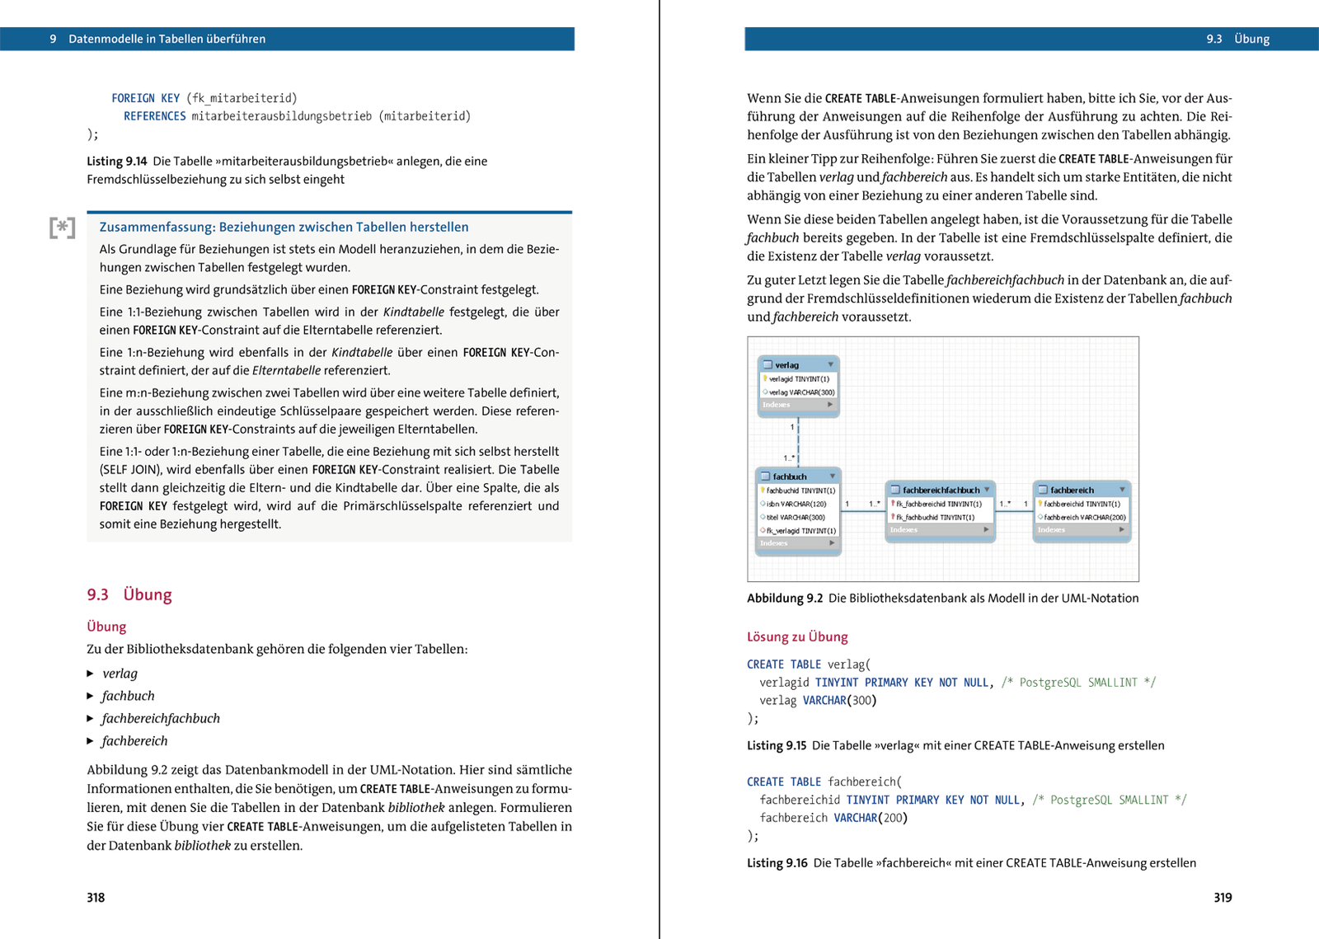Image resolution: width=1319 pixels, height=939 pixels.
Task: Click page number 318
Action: [96, 898]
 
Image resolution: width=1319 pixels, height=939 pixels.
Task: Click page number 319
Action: [1223, 898]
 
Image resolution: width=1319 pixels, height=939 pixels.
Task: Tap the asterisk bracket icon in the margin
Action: [63, 228]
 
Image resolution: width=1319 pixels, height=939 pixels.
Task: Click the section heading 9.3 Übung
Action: [129, 594]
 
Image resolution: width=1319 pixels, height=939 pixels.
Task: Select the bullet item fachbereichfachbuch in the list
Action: [160, 718]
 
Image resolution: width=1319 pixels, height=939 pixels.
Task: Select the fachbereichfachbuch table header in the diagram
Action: [940, 490]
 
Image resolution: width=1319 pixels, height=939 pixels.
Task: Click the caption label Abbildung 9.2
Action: [785, 599]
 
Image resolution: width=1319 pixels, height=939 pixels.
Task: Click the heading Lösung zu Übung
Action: [797, 636]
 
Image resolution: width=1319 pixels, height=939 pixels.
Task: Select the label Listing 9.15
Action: [777, 745]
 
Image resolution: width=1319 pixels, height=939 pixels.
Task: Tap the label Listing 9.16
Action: [777, 863]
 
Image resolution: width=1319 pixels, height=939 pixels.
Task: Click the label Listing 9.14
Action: [117, 162]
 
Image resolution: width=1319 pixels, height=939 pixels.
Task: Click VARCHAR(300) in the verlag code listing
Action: [839, 701]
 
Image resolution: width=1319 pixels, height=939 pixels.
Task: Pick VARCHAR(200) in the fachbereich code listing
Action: [870, 818]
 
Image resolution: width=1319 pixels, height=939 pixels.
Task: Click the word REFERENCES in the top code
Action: [154, 116]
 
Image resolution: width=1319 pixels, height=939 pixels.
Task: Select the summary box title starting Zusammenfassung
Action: [284, 228]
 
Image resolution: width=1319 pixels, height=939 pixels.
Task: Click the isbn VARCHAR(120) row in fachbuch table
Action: [796, 504]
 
